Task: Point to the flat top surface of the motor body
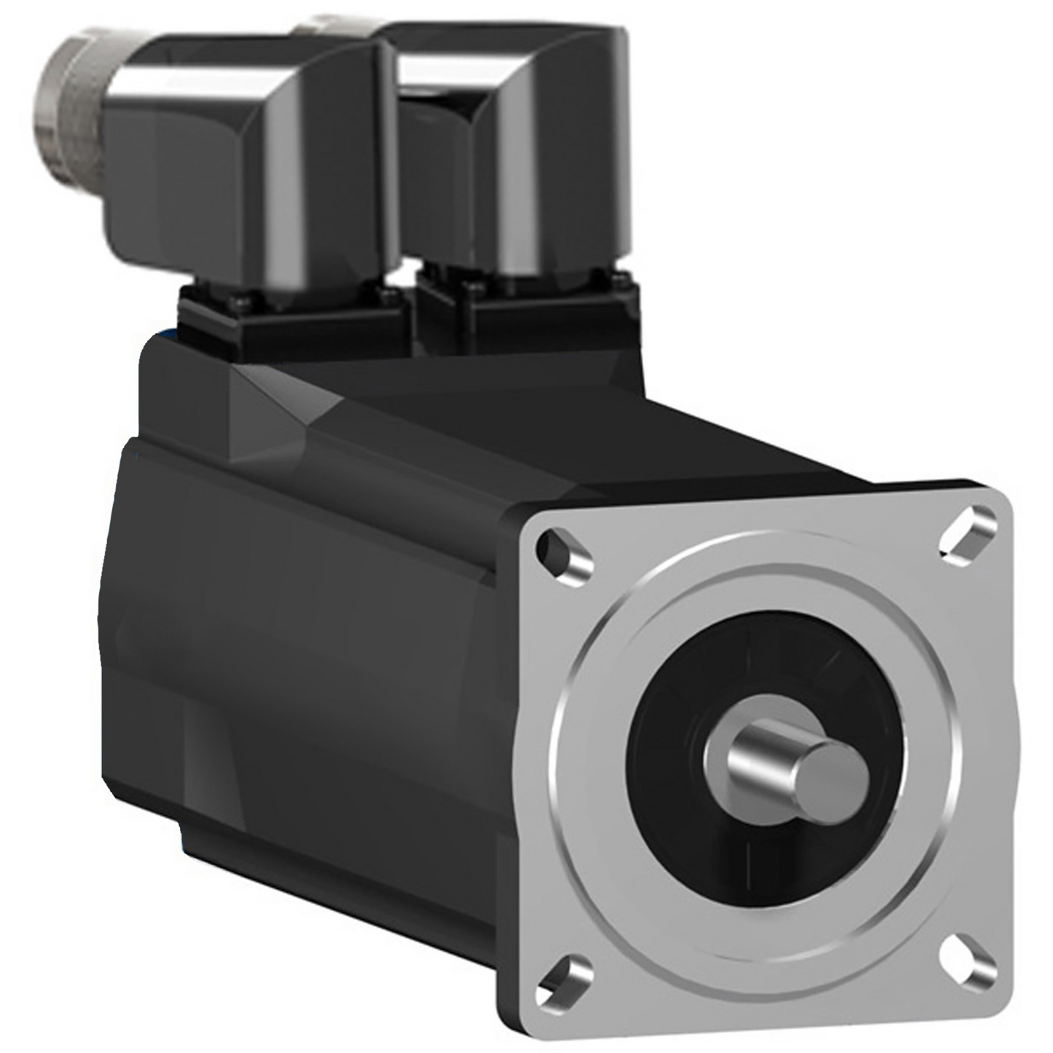pyautogui.click(x=510, y=408)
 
